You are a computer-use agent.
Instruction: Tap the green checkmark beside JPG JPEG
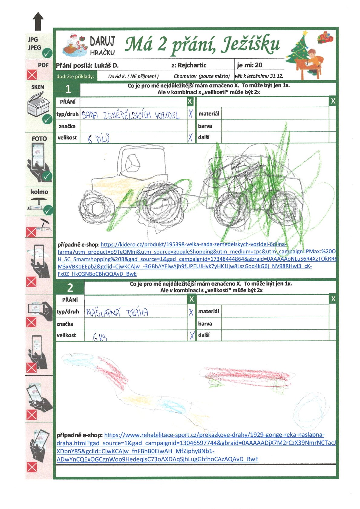pyautogui.click(x=47, y=53)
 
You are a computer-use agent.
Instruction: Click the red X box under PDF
pyautogui.click(x=32, y=75)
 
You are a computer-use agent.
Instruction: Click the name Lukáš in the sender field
pyautogui.click(x=102, y=65)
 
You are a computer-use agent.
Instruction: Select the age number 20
pyautogui.click(x=258, y=65)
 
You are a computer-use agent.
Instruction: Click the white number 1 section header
pyautogui.click(x=68, y=89)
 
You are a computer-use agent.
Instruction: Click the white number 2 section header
pyautogui.click(x=70, y=287)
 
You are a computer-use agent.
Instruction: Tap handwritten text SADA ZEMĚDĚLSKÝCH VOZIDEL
pyautogui.click(x=131, y=115)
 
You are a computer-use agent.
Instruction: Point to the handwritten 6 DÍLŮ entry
pyautogui.click(x=99, y=139)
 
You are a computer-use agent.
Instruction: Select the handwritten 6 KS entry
pyautogui.click(x=100, y=337)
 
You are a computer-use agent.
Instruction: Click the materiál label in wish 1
pyautogui.click(x=209, y=114)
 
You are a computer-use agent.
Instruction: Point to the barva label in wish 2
pyautogui.click(x=205, y=324)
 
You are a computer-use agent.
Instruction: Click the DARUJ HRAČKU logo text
pyautogui.click(x=102, y=46)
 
